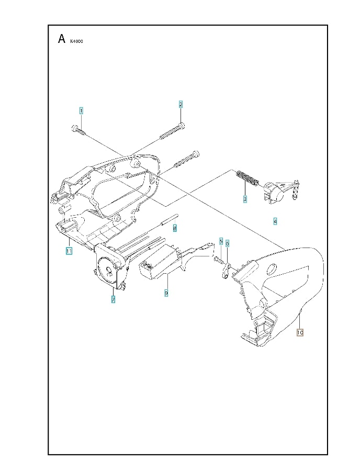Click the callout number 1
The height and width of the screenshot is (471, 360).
pyautogui.click(x=81, y=110)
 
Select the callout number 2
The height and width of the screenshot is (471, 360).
pyautogui.click(x=181, y=104)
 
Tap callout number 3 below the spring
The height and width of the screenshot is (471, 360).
pyautogui.click(x=244, y=199)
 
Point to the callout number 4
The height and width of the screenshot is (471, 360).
pyautogui.click(x=275, y=221)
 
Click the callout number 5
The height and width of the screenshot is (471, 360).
pyautogui.click(x=221, y=242)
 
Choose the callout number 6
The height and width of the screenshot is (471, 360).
pyautogui.click(x=228, y=243)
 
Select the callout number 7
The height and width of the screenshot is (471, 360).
pyautogui.click(x=113, y=299)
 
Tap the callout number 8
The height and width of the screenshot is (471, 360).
pyautogui.click(x=175, y=228)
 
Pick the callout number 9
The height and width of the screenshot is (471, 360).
pyautogui.click(x=166, y=293)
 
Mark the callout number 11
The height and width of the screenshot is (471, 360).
pyautogui.click(x=69, y=251)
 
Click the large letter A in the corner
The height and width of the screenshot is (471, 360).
pyautogui.click(x=62, y=39)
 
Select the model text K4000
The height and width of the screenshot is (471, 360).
pyautogui.click(x=76, y=41)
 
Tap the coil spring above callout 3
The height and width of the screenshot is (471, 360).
pyautogui.click(x=246, y=178)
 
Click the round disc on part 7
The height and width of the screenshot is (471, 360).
pyautogui.click(x=109, y=270)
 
